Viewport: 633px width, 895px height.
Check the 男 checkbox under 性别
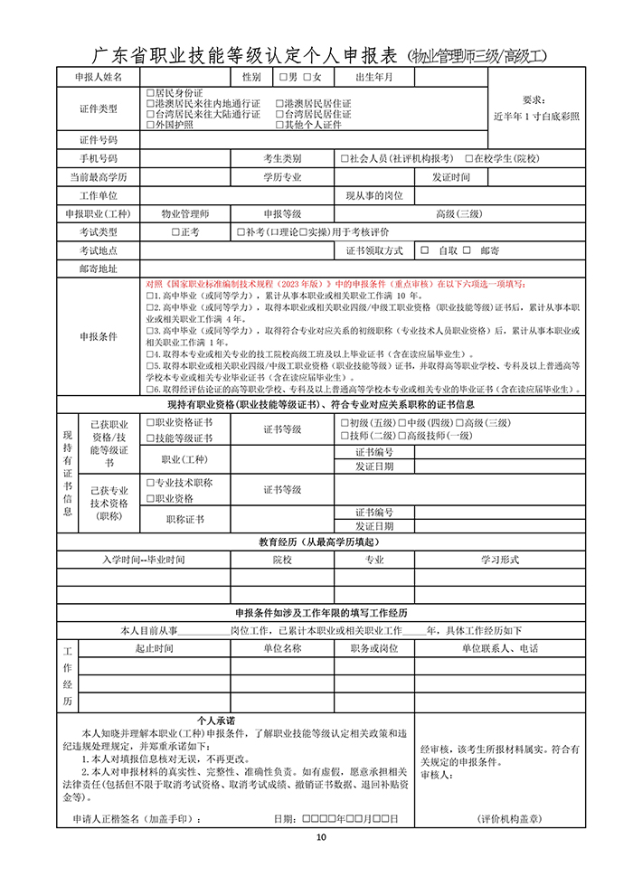pos(283,78)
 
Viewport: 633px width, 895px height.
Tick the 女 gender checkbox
pos(307,78)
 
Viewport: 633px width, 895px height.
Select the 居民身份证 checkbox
pos(150,93)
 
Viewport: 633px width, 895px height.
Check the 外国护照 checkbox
pos(150,125)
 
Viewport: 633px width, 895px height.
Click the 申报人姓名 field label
pos(99,78)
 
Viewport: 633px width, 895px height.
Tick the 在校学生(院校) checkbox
pos(469,159)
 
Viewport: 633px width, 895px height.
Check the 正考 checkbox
pos(175,232)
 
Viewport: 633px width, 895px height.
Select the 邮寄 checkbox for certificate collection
pos(468,250)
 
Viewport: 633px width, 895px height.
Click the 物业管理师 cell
pos(184,214)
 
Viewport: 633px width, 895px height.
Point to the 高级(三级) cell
pos(459,214)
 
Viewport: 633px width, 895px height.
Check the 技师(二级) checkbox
pos(344,436)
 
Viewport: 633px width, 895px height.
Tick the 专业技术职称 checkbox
pos(150,484)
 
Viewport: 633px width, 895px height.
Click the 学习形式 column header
pos(500,561)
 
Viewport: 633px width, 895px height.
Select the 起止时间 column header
pos(154,649)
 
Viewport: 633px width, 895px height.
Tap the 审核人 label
pos(436,776)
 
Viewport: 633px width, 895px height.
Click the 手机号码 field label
pos(99,159)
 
